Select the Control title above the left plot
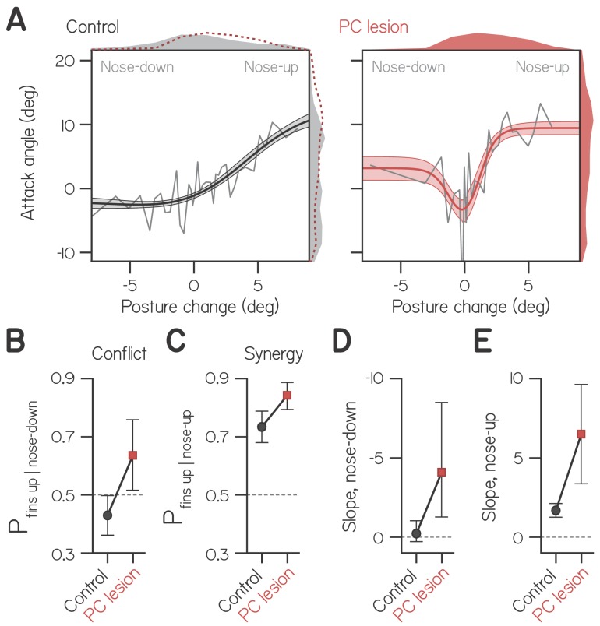click(x=93, y=27)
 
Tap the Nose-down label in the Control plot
click(x=137, y=67)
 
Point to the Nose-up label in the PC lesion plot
click(x=542, y=67)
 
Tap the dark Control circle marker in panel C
click(x=263, y=427)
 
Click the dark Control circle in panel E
click(x=556, y=510)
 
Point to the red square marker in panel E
click(x=581, y=434)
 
